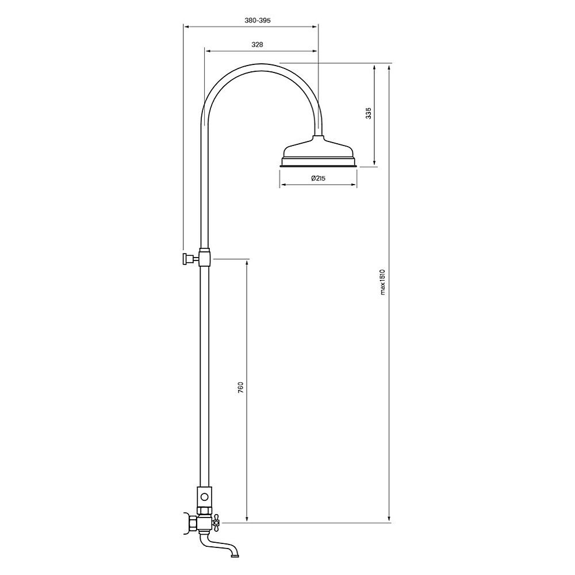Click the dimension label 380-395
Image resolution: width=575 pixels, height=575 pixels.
[x=257, y=20]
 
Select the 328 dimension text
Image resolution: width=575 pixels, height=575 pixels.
[x=258, y=44]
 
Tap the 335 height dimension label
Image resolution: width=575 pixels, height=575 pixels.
[x=369, y=113]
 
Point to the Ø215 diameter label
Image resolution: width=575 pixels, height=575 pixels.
[x=318, y=178]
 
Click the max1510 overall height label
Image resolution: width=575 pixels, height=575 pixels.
[x=382, y=282]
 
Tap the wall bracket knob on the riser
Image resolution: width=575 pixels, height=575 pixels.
[x=187, y=259]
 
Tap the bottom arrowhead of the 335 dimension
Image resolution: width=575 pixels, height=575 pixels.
[x=375, y=164]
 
